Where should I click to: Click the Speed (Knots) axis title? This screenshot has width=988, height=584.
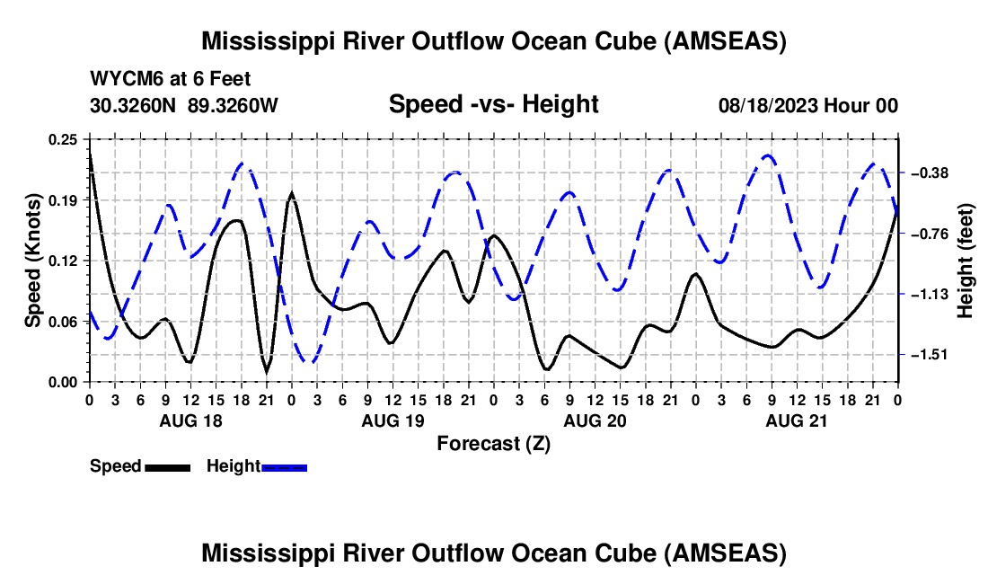coord(32,261)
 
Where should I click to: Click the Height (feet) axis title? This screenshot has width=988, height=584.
coord(966,261)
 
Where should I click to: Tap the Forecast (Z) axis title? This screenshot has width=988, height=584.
coord(493,443)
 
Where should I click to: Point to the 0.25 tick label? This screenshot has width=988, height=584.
coord(63,139)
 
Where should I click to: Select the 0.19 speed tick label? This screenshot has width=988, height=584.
coord(63,199)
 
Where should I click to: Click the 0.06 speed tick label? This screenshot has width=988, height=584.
coord(63,322)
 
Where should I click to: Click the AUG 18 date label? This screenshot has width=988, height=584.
coord(190,420)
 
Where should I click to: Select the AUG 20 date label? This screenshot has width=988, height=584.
coord(594,420)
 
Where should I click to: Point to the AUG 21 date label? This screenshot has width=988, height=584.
coord(796,420)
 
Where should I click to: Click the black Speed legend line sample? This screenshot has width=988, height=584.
coord(167,466)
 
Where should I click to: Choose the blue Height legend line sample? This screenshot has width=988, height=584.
coord(285,466)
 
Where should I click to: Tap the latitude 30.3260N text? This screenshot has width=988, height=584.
coord(134,105)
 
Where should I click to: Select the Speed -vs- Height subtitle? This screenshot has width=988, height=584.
coord(493,104)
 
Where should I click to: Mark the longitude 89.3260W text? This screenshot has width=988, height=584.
coord(233,105)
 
